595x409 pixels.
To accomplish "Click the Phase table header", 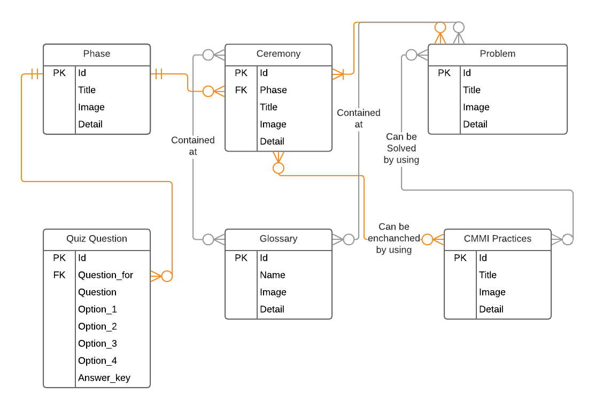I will click(97, 54).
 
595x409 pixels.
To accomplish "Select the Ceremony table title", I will click(278, 54).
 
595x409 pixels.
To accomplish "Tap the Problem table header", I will click(497, 54).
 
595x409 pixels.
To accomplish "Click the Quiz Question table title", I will click(97, 239).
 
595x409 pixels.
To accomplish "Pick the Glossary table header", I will click(278, 239).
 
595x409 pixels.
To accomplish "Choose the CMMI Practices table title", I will click(497, 239).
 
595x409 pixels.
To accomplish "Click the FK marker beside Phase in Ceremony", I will click(241, 90).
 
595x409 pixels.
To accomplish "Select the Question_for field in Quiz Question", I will click(106, 275).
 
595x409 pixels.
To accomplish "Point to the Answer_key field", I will click(104, 378).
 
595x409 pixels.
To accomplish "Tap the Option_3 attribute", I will click(97, 344).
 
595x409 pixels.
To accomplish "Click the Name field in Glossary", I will click(273, 275).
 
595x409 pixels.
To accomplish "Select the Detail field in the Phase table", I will click(90, 124).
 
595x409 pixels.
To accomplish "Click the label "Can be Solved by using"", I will click(401, 148).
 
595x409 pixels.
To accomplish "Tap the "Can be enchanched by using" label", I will click(394, 238).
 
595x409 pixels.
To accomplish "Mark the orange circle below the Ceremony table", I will click(279, 168).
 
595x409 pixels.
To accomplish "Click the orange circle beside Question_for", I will click(167, 276).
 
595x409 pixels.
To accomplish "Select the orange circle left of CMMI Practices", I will click(427, 239).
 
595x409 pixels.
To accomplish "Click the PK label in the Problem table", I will click(444, 73).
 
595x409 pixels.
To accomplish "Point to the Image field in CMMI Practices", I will click(492, 292).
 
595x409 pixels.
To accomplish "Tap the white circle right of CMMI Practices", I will click(567, 239).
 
